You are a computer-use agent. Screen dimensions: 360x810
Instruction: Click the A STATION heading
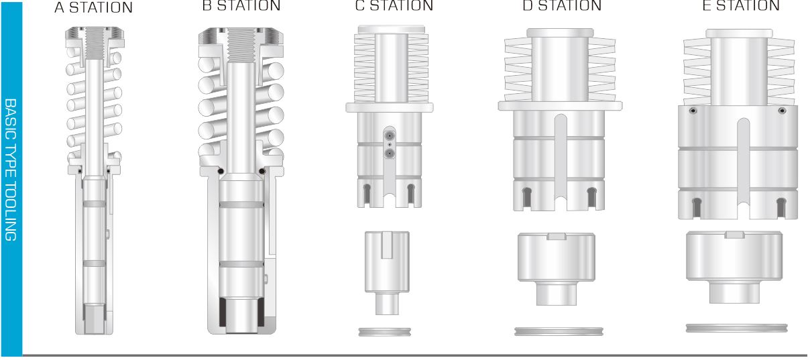93,7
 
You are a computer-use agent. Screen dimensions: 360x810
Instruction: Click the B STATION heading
241,6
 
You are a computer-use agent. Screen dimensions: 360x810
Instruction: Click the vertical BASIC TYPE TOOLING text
11,168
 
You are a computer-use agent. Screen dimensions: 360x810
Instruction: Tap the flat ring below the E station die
734,328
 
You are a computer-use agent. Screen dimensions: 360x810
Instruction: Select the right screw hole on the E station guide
781,111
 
